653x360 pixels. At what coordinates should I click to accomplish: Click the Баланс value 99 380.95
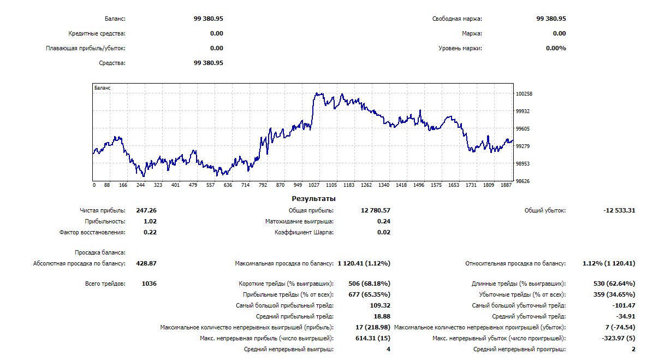click(x=208, y=19)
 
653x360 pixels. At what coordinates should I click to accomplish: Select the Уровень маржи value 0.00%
click(x=556, y=48)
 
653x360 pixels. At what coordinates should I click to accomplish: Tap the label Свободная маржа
click(x=457, y=19)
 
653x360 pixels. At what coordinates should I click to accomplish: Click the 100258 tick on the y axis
click(x=524, y=94)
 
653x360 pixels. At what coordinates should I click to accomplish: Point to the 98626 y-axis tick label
click(x=524, y=181)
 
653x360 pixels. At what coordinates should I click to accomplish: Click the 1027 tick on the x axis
click(x=313, y=185)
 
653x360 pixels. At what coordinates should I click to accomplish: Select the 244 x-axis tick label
click(x=140, y=185)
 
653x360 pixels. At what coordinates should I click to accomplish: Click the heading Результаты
click(x=313, y=199)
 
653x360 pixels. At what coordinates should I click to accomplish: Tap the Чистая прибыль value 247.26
click(x=149, y=210)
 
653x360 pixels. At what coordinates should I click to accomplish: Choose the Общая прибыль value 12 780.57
click(x=376, y=210)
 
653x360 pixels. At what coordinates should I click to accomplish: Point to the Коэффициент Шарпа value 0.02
click(x=384, y=232)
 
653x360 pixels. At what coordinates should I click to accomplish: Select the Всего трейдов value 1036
click(x=149, y=284)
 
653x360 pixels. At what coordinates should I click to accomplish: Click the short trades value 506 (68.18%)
click(x=369, y=284)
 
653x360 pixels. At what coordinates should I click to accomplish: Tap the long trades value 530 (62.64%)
click(x=614, y=284)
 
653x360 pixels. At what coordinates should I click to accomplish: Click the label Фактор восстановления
click(x=92, y=232)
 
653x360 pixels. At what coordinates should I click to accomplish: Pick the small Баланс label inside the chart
click(x=102, y=87)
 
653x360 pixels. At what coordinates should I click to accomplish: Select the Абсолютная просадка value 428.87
click(x=146, y=263)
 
